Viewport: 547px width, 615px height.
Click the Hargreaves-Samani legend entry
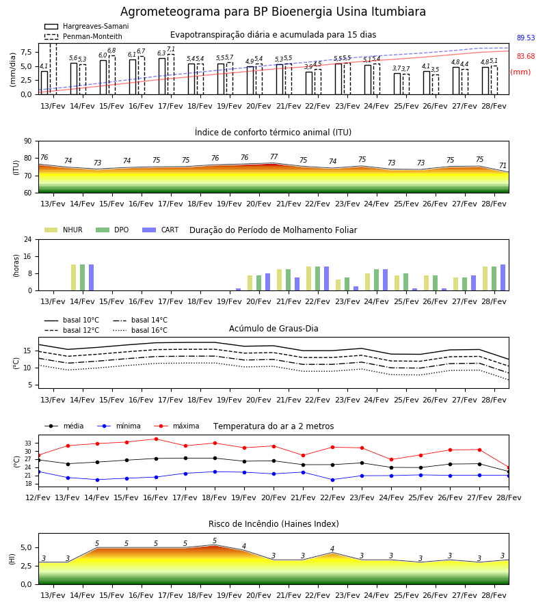pos(86,26)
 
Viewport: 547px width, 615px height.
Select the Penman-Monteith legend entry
pos(83,36)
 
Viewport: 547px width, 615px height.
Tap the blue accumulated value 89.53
pos(526,38)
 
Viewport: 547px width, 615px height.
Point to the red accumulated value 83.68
pos(526,56)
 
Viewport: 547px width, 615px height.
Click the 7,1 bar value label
pos(171,49)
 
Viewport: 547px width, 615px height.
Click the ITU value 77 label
pos(274,156)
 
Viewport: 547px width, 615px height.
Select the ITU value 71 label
pos(503,165)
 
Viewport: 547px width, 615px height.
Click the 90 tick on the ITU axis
pos(27,141)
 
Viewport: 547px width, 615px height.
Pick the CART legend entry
pos(160,230)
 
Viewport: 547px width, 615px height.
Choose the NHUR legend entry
pos(64,230)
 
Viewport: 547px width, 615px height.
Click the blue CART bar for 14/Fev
pos(92,277)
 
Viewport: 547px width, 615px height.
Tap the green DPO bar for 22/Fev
pos(317,279)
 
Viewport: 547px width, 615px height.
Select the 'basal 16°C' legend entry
pos(140,330)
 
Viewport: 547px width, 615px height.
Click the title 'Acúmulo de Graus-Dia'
pos(273,329)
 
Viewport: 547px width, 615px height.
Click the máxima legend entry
pos(176,426)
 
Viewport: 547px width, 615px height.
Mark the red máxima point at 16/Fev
pos(156,439)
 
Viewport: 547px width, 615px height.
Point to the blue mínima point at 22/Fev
pos(333,480)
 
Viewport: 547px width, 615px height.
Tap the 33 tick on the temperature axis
pos(28,443)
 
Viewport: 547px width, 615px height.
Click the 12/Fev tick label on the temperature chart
pos(38,497)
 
